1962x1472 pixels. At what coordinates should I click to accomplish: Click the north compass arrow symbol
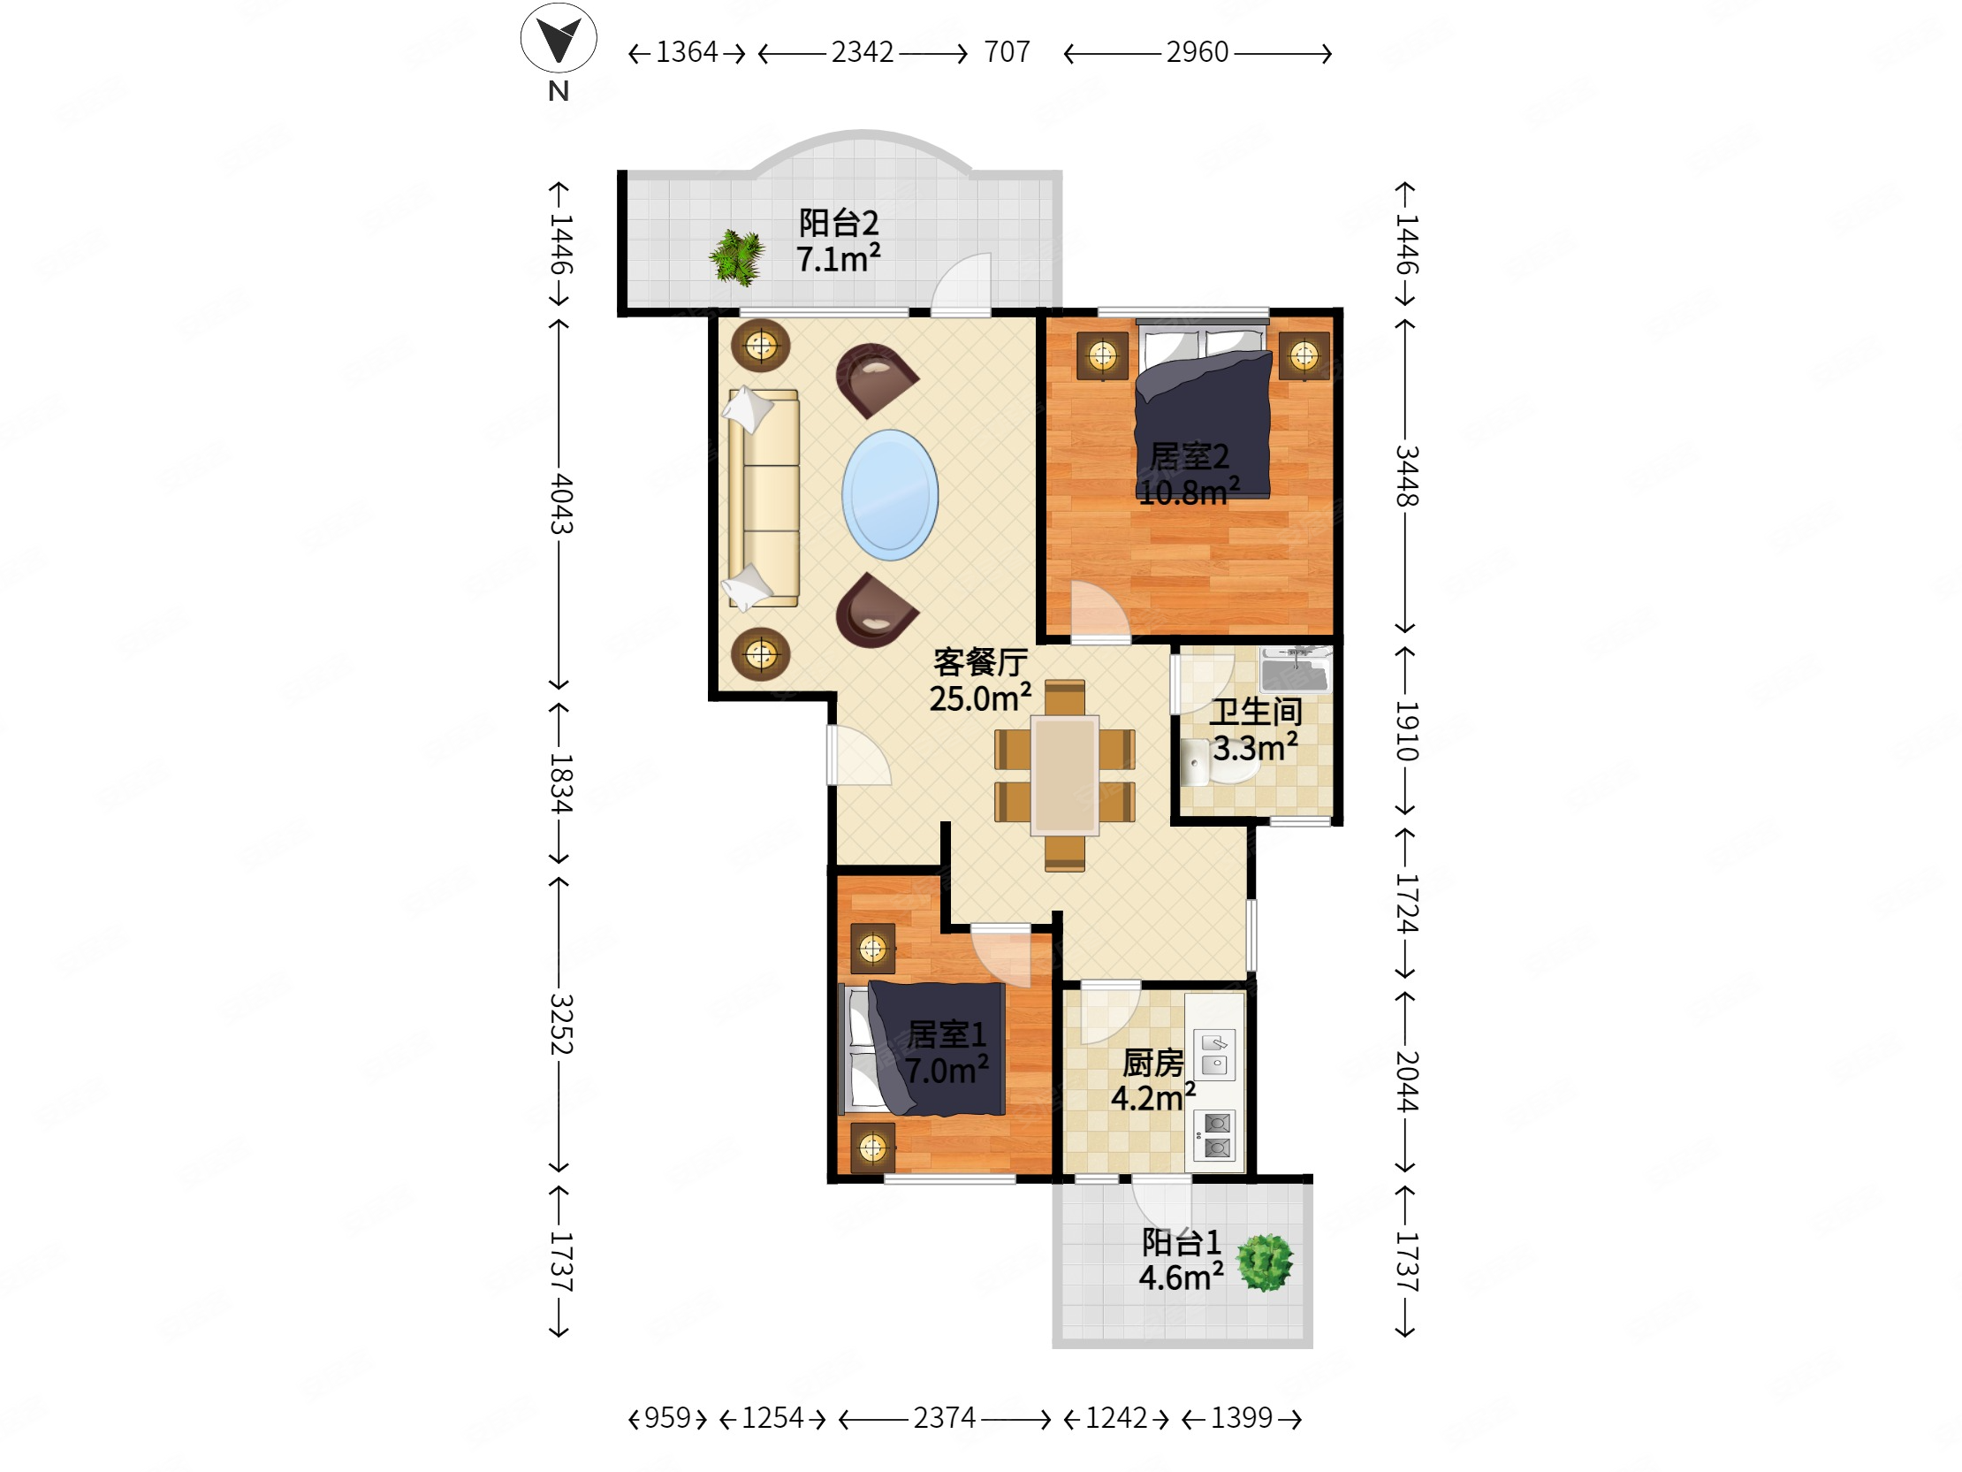[558, 37]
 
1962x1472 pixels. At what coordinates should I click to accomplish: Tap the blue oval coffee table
[890, 494]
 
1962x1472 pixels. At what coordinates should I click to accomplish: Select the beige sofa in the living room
[763, 499]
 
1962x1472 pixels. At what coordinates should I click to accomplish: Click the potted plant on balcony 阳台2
[737, 257]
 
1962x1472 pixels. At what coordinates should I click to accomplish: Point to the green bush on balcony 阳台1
[1266, 1262]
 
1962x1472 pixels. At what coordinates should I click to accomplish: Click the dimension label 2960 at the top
[1197, 52]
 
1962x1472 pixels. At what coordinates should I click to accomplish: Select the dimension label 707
[1007, 52]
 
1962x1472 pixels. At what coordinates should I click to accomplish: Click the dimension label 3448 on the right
[1407, 476]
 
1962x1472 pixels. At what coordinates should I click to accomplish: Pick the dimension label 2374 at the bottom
[945, 1418]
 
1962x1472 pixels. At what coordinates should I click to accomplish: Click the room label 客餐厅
[980, 662]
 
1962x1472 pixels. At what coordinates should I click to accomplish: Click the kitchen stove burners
[1216, 1136]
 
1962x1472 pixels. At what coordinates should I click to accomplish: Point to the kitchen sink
[1214, 1054]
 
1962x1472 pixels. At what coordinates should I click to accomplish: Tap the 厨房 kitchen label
[1153, 1062]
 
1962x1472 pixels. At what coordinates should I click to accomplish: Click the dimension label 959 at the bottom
[667, 1418]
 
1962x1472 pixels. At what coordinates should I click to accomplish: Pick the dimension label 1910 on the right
[1407, 731]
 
